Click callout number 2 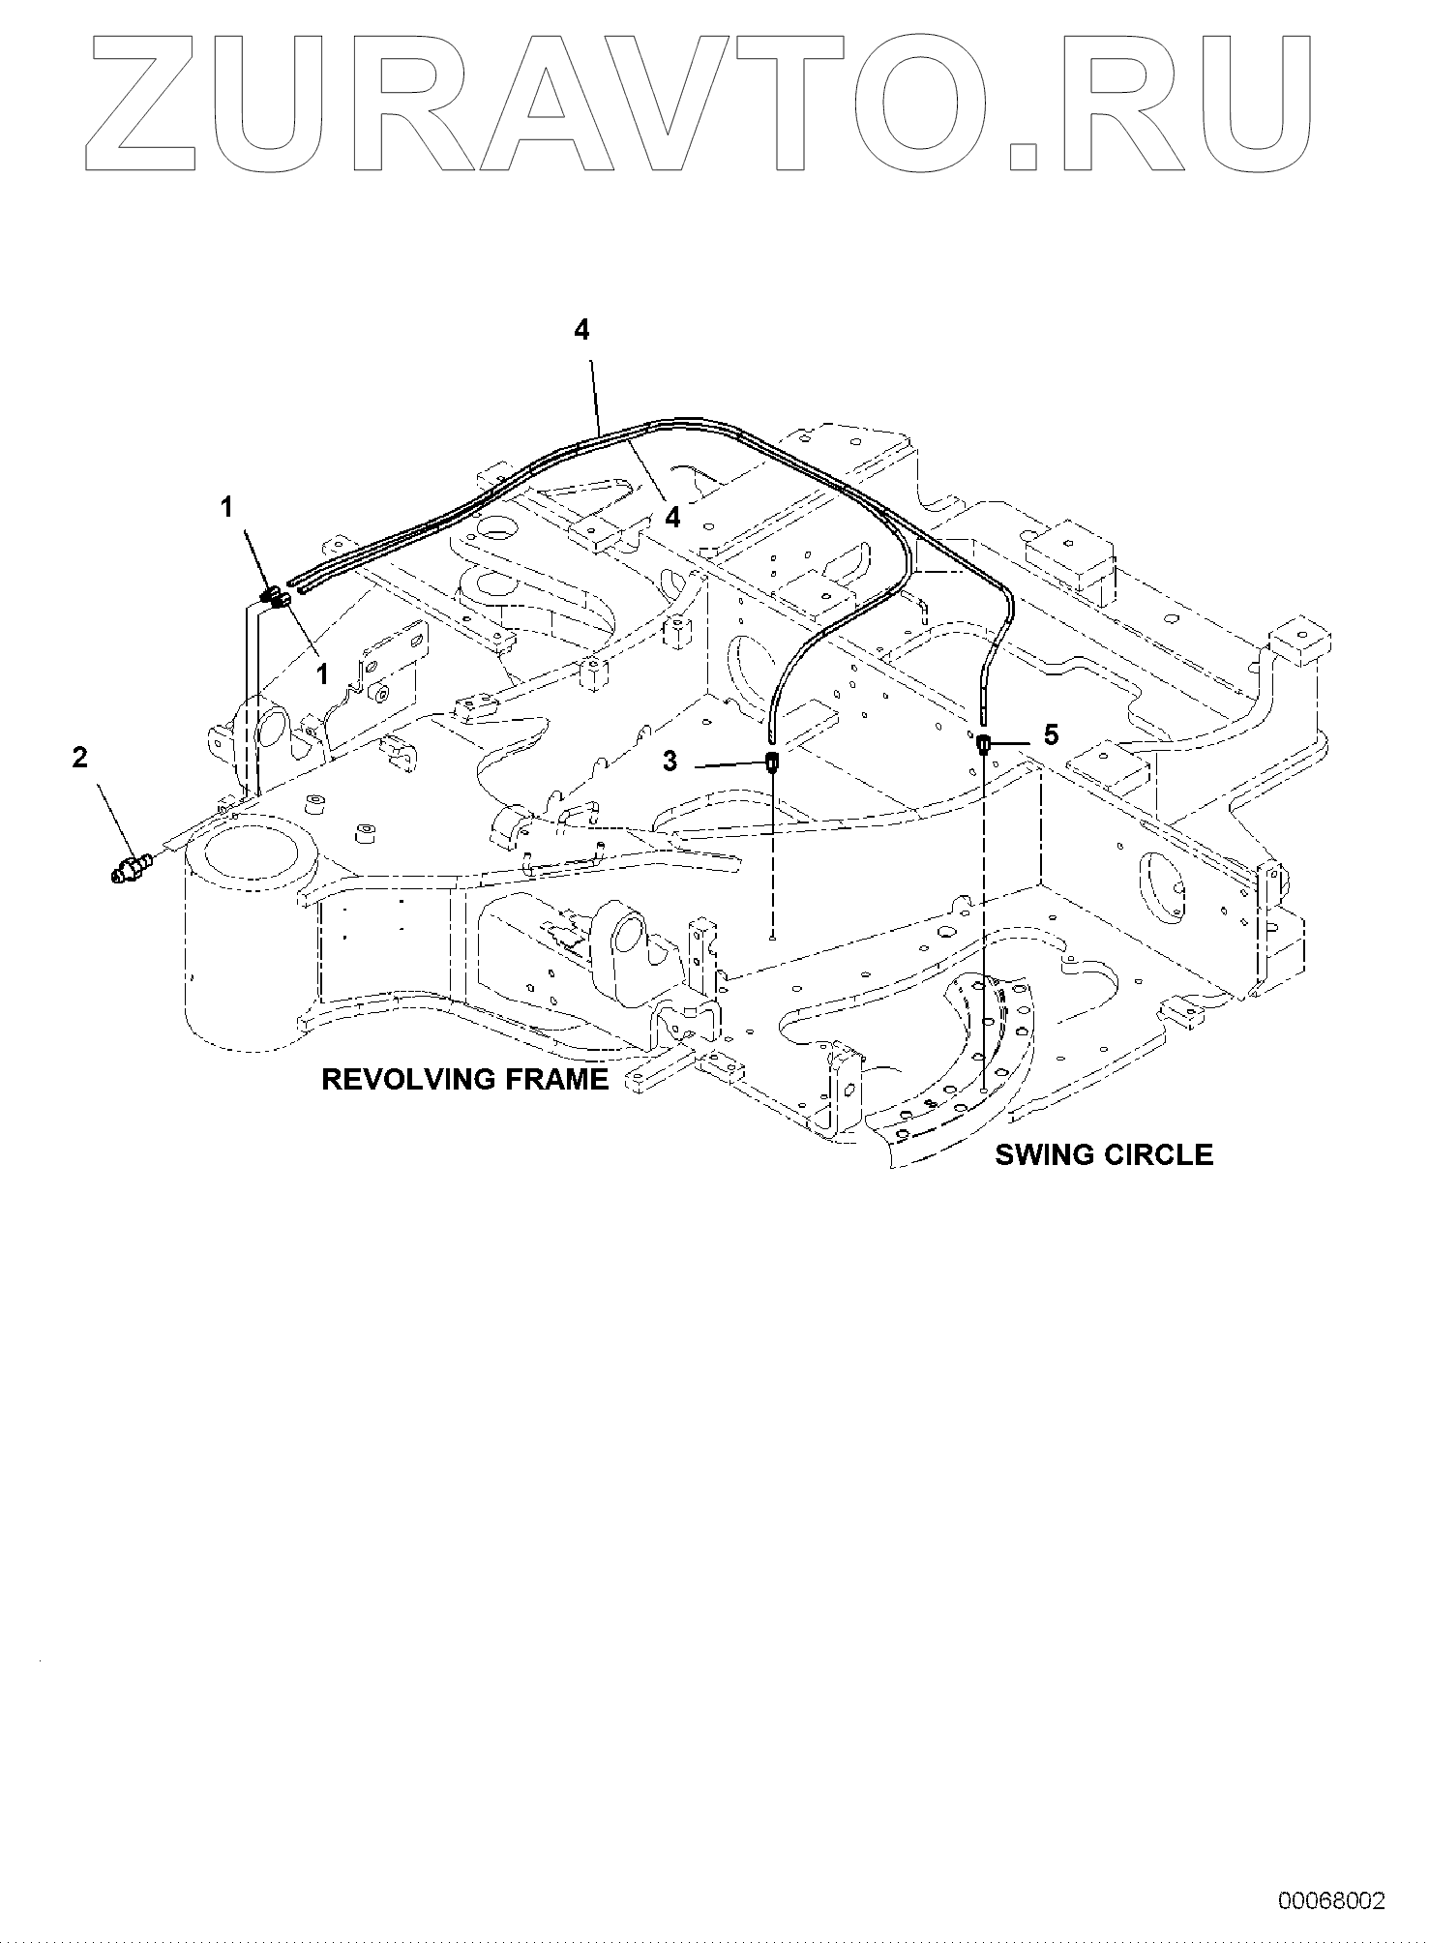point(79,758)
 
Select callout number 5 point(1051,735)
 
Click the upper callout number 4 point(581,330)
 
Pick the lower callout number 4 point(671,518)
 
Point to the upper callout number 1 point(228,506)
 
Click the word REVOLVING point(417,1079)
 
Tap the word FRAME point(562,1079)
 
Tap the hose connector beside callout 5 point(983,744)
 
